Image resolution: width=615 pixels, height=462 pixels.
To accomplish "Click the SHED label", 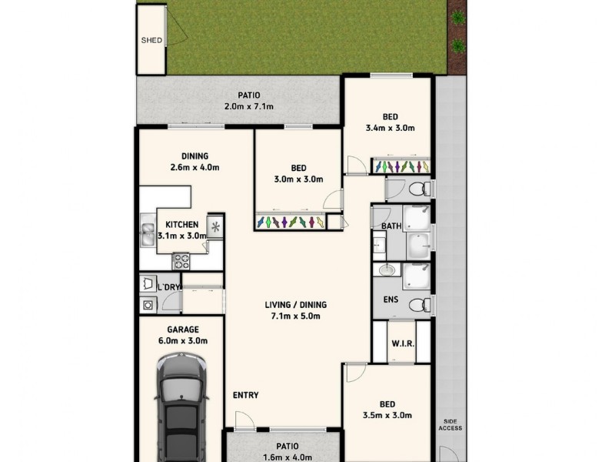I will (x=151, y=40).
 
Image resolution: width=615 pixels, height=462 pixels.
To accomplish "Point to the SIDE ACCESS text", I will (x=451, y=425).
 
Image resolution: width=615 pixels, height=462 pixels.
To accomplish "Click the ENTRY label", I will (x=246, y=396).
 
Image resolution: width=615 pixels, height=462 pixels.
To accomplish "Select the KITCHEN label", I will (x=181, y=225).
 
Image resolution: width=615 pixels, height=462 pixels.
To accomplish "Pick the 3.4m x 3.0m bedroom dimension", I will (x=391, y=129).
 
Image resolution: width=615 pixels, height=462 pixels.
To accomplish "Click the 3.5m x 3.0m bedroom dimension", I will (x=388, y=415).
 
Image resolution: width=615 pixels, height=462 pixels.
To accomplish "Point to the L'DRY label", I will (x=168, y=288).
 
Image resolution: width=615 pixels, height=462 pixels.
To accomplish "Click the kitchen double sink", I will (x=148, y=234).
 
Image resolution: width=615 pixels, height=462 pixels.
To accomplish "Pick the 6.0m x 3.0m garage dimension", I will (x=183, y=340).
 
